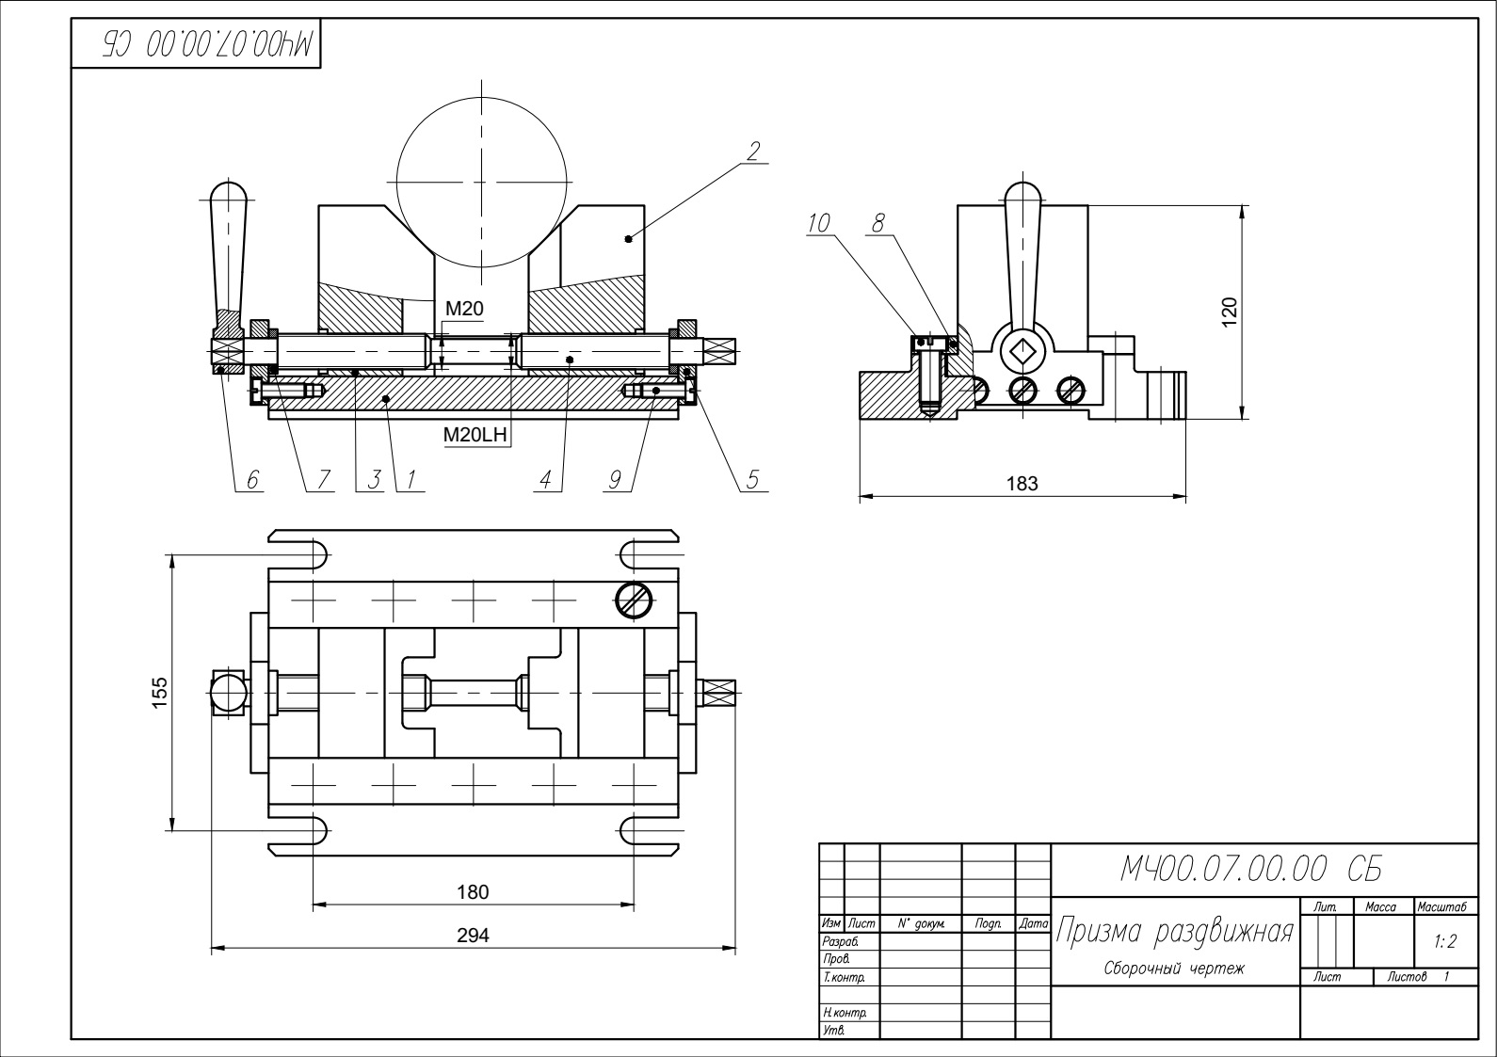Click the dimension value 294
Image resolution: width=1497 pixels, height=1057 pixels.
[x=473, y=936]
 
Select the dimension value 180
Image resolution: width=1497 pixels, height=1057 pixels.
[x=473, y=891]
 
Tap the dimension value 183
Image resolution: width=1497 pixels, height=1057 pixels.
[x=1022, y=484]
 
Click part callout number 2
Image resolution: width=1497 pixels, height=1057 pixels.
[x=753, y=151]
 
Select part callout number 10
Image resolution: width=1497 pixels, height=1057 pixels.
[x=818, y=223]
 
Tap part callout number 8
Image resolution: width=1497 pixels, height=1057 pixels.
[x=878, y=223]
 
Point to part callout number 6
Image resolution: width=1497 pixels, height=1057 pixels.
[x=251, y=480]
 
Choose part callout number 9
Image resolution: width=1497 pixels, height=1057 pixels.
[x=615, y=480]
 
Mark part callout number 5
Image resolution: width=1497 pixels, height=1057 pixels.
[x=752, y=480]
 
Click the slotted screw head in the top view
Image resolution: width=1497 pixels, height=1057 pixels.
[x=635, y=600]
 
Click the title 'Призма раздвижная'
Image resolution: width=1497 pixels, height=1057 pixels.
[x=1173, y=932]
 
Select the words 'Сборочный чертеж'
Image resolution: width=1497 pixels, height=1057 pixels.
[x=1173, y=969]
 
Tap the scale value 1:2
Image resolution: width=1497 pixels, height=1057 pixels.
[x=1445, y=941]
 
